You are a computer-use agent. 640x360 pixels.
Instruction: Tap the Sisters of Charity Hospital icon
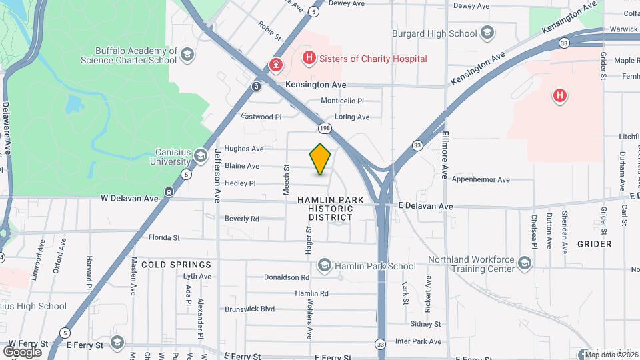(x=309, y=59)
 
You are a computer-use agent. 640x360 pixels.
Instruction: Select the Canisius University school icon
(x=200, y=157)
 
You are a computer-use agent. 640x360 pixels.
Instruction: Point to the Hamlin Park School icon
(x=325, y=266)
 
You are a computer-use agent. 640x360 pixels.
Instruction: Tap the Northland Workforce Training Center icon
(x=525, y=264)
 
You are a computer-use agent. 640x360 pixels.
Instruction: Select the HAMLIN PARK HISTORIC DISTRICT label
(x=331, y=208)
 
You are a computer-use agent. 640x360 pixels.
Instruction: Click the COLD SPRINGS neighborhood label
(x=176, y=265)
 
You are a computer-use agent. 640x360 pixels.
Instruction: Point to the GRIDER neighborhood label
(x=594, y=244)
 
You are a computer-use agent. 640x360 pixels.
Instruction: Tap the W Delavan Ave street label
(x=129, y=198)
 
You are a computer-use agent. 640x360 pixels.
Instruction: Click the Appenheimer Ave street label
(x=480, y=179)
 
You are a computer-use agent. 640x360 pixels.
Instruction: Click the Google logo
(x=22, y=351)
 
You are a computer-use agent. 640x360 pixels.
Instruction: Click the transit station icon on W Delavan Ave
(x=169, y=193)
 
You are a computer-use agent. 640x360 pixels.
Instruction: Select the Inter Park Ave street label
(x=418, y=341)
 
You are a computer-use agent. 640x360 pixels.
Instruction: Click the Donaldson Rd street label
(x=287, y=277)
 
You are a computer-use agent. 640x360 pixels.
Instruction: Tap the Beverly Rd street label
(x=241, y=219)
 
